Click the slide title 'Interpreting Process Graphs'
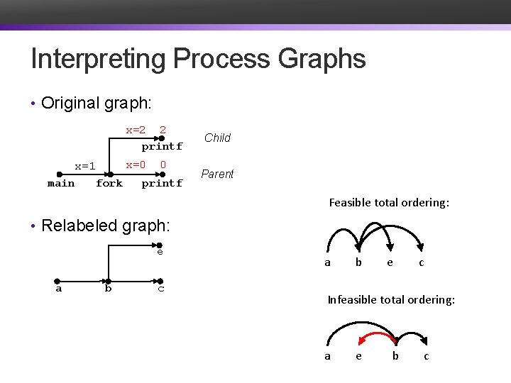click(198, 59)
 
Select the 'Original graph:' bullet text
click(96, 103)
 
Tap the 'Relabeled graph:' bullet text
click(106, 226)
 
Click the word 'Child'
click(217, 138)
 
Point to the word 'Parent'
click(217, 174)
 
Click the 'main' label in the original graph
click(61, 183)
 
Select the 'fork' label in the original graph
click(109, 183)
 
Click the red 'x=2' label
click(136, 130)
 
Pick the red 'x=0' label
click(136, 165)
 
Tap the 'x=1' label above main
click(85, 166)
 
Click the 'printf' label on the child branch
click(162, 147)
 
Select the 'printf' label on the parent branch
click(162, 183)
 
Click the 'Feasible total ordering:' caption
click(389, 203)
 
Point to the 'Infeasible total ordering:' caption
click(391, 300)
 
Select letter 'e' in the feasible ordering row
click(390, 262)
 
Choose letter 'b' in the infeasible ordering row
click(395, 356)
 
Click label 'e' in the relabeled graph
click(160, 251)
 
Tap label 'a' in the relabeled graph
click(59, 288)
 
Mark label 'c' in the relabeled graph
click(161, 288)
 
